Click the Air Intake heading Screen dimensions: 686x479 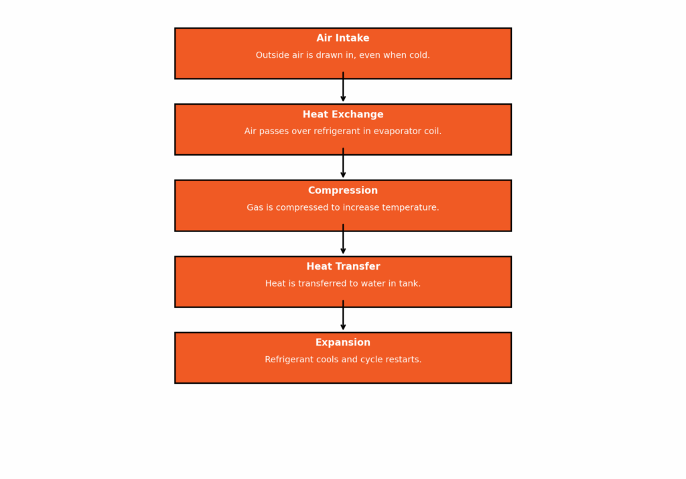tap(342, 38)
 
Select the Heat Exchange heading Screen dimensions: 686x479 tap(342, 114)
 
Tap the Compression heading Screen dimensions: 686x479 tap(342, 191)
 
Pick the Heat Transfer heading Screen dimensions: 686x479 tap(343, 266)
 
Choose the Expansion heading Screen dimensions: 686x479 tap(342, 342)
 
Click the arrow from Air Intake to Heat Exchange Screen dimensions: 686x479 tap(343, 87)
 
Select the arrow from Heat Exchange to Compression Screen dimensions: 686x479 tap(343, 163)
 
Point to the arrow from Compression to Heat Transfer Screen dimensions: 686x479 tap(343, 239)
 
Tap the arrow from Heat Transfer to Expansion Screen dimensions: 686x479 tap(343, 315)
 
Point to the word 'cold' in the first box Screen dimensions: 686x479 tap(418, 55)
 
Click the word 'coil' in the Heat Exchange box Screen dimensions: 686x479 tap(431, 131)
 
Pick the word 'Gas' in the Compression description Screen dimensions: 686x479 tap(255, 207)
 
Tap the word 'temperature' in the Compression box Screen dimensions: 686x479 tap(409, 207)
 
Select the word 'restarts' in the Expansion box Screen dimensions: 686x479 tap(404, 360)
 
